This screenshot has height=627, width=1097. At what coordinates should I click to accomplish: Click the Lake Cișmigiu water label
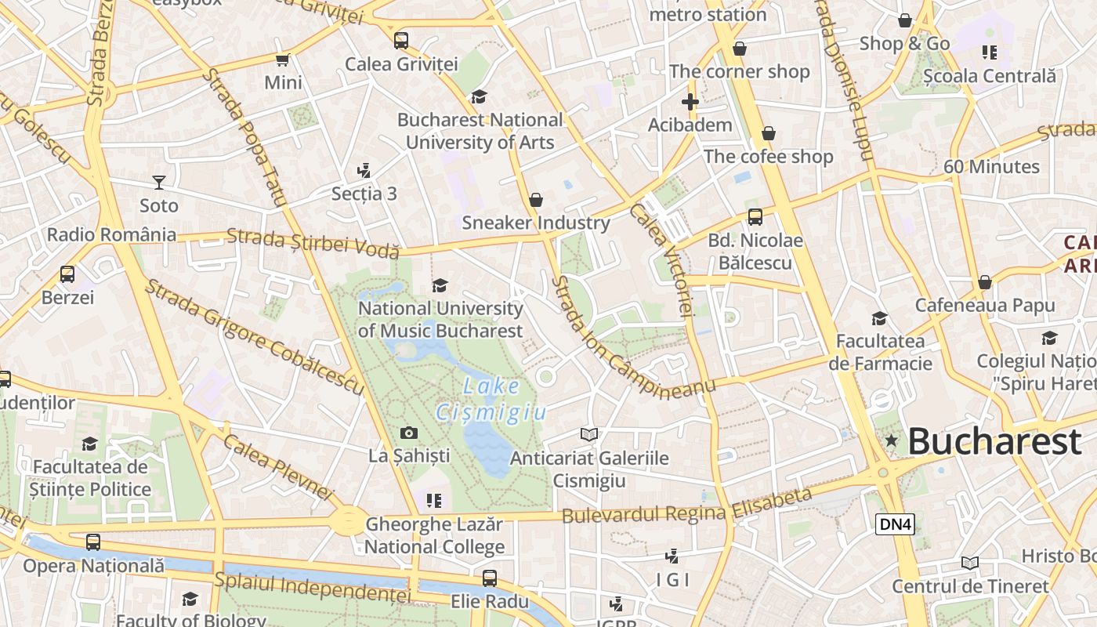pos(491,398)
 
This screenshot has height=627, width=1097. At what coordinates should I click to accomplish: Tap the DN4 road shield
pos(895,524)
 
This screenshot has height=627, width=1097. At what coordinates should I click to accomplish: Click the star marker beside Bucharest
pos(891,440)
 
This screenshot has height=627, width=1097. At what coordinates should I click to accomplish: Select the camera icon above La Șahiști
pos(408,433)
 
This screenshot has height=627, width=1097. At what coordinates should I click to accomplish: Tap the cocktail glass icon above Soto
pos(159,183)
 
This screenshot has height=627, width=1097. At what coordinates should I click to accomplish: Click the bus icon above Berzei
pos(67,274)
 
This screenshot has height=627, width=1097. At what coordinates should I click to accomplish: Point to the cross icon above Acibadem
pos(690,102)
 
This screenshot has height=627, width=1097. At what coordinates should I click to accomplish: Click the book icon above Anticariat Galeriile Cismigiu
pos(589,434)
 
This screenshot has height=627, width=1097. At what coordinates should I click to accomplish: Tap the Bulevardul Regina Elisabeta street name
pos(687,507)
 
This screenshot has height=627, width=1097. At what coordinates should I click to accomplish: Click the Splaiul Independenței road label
pos(313,587)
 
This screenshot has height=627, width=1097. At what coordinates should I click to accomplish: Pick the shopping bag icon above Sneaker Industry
pos(536,201)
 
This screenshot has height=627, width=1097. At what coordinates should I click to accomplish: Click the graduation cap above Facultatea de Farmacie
pos(880,318)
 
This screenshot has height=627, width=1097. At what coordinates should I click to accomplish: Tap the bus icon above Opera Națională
pos(93,542)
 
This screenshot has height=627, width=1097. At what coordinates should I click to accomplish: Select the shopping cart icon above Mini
pos(283,60)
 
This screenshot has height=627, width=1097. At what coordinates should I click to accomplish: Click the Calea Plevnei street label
pos(278,466)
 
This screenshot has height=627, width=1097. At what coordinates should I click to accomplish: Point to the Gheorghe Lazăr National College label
pos(435,535)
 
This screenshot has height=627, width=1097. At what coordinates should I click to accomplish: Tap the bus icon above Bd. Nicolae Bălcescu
pos(755,217)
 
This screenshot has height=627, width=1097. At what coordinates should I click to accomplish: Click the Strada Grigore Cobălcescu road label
pos(254,337)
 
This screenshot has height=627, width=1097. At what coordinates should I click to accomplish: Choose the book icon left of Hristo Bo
pos(970,563)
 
